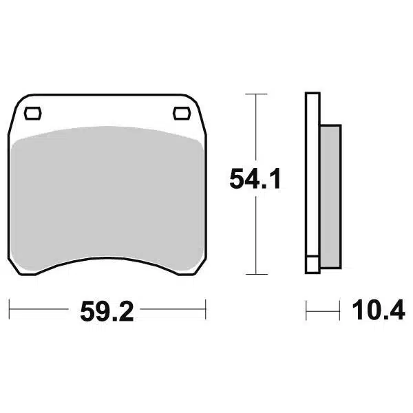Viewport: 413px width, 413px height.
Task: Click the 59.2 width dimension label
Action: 107,312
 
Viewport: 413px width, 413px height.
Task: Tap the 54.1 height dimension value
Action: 255,179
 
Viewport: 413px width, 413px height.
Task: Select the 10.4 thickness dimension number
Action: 379,310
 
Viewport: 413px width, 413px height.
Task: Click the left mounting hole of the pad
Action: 32,114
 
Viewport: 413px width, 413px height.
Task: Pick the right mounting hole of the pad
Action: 182,114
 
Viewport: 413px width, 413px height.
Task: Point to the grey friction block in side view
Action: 330,196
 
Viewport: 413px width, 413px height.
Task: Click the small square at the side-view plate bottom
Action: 313,264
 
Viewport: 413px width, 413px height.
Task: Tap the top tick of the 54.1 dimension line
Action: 256,94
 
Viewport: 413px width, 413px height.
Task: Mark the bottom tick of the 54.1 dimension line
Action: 256,274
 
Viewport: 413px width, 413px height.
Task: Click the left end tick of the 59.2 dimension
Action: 9,309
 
